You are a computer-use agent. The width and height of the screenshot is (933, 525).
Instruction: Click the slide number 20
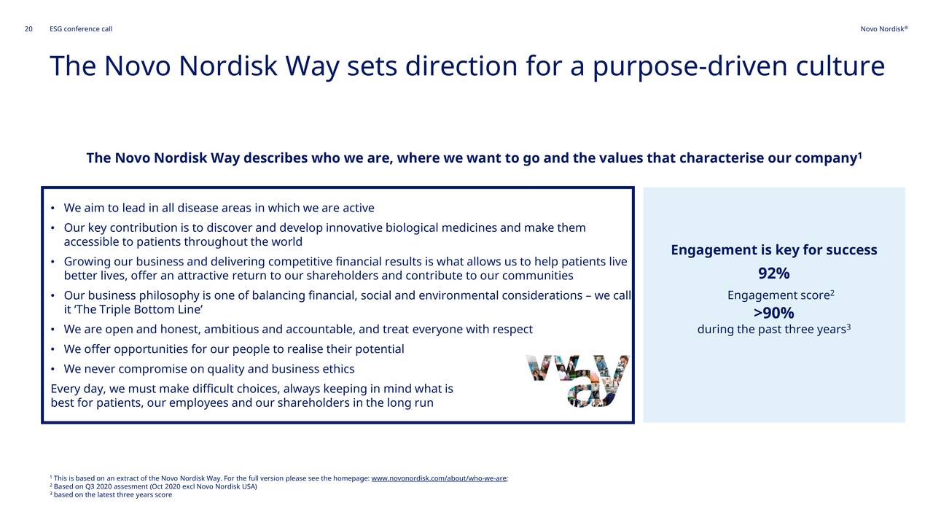click(x=28, y=28)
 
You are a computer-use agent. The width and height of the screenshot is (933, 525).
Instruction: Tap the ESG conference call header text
click(x=81, y=28)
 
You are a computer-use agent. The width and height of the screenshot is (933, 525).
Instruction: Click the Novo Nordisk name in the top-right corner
click(x=884, y=28)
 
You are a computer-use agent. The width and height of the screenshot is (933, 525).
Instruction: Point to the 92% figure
click(x=774, y=273)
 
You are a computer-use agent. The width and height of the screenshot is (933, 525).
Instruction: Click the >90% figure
click(x=774, y=313)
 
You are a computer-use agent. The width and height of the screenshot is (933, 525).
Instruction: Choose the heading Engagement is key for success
click(x=774, y=249)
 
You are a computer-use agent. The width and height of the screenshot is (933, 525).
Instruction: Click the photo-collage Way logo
click(x=577, y=381)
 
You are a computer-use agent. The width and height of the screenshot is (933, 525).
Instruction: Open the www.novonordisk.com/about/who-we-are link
click(x=439, y=478)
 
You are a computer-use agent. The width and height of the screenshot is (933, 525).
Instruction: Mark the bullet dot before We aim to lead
click(x=52, y=208)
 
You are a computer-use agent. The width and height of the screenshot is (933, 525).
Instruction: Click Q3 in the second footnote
click(x=90, y=486)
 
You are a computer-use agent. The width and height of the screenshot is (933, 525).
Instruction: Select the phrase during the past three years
click(x=771, y=329)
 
